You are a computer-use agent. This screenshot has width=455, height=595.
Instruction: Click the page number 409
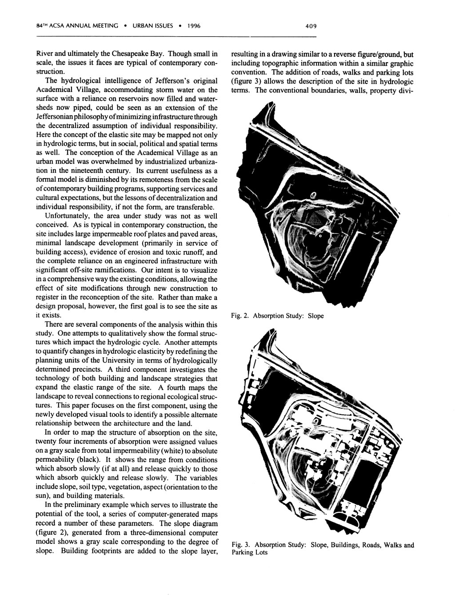pos(311,26)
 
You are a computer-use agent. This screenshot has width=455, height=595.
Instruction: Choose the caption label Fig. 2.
pos(238,316)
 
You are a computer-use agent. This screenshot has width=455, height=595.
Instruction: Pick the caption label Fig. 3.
pos(239,545)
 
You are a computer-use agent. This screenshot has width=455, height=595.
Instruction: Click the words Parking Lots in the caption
pos(249,553)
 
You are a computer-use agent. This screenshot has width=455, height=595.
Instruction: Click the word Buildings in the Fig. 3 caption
pos(344,545)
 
